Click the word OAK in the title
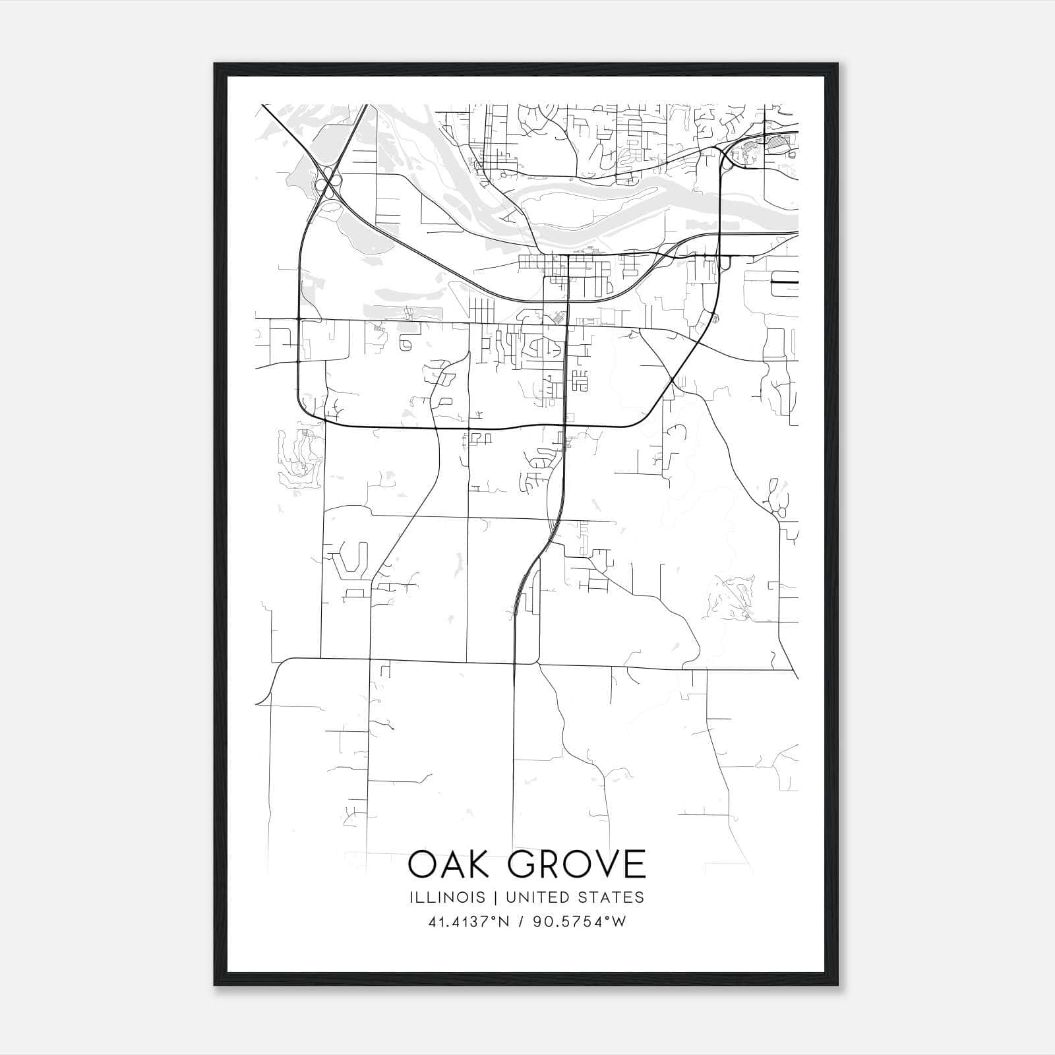click(x=450, y=866)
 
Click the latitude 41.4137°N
click(x=469, y=922)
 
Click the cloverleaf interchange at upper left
click(x=327, y=179)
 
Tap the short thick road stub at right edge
click(x=785, y=282)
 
